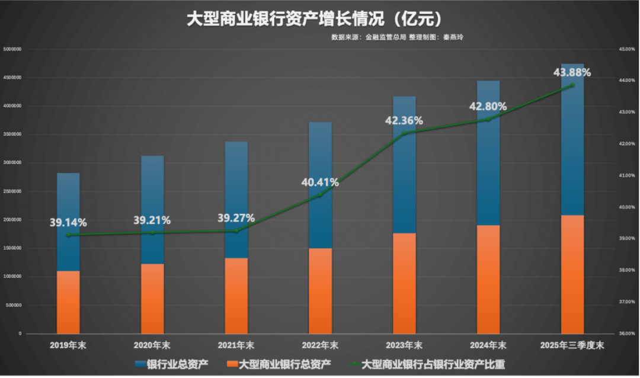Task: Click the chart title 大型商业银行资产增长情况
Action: tap(314, 19)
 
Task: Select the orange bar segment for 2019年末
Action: tap(68, 302)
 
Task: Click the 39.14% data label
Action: tap(68, 223)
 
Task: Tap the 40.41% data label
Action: tap(320, 182)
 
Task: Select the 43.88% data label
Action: tap(572, 73)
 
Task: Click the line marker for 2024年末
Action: tap(488, 119)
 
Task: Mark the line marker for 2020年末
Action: tap(152, 232)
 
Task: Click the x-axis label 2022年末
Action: tap(320, 345)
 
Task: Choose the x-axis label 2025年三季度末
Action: tap(572, 345)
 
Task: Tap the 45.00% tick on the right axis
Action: tap(627, 49)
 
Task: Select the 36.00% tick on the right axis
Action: tap(627, 334)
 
